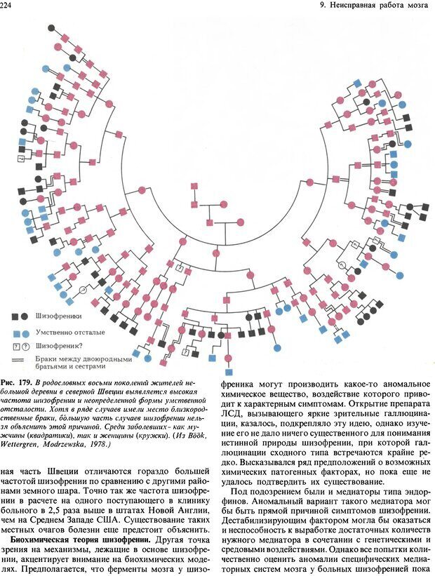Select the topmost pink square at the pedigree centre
pyautogui.click(x=194, y=187)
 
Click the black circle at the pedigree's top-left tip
pyautogui.click(x=51, y=29)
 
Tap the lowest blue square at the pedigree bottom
pyautogui.click(x=228, y=372)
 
